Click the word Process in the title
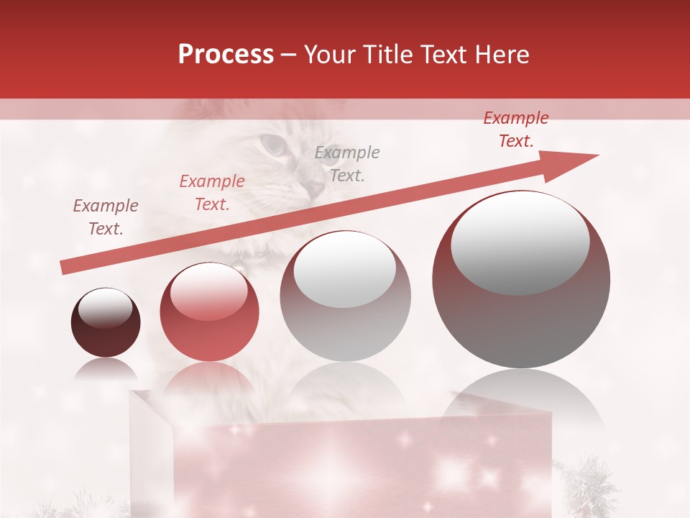[x=226, y=55]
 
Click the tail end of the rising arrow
[x=66, y=267]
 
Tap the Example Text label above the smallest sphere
[x=106, y=217]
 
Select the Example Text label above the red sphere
[x=212, y=193]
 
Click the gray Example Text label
[x=347, y=163]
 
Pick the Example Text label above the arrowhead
[x=516, y=129]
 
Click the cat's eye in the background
[x=272, y=144]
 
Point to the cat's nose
[x=313, y=188]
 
